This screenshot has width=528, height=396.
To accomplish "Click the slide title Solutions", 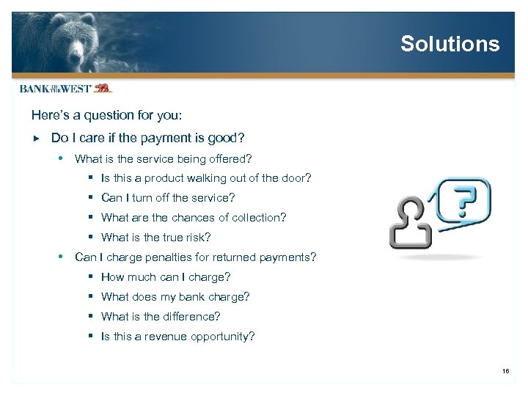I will coord(450,44).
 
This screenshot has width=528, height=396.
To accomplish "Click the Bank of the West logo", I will coord(65,89).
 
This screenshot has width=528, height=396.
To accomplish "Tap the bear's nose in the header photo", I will coord(76,58).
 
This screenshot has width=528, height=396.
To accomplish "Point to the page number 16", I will coord(505,372).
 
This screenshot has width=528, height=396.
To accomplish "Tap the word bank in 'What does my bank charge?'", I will coord(198,297).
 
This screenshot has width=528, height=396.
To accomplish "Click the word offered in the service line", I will coord(230,158).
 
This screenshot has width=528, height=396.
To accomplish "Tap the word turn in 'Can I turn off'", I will coord(136,198).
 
